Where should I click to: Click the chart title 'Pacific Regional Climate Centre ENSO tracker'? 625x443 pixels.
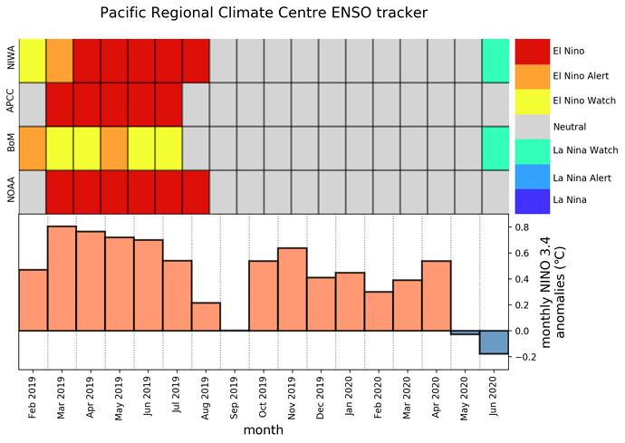click(264, 13)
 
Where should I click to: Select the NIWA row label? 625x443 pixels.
click(11, 58)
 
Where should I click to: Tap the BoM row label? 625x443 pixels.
click(11, 143)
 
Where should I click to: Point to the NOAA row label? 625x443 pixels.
click(11, 189)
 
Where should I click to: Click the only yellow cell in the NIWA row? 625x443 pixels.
click(33, 61)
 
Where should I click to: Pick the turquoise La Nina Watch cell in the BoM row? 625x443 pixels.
click(495, 149)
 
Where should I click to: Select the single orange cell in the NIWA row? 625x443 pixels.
click(60, 61)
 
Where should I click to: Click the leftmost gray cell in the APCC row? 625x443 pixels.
click(33, 104)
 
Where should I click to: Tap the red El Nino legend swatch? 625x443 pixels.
click(532, 52)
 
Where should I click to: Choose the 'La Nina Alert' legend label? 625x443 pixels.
click(582, 178)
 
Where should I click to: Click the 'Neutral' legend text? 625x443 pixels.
click(569, 127)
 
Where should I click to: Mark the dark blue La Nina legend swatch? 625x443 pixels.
click(532, 201)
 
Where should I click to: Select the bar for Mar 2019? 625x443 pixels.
click(62, 278)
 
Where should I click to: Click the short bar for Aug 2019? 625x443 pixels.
click(206, 316)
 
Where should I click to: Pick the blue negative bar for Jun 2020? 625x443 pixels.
click(494, 342)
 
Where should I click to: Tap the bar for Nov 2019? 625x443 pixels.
click(293, 290)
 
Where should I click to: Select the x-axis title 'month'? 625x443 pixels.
click(264, 430)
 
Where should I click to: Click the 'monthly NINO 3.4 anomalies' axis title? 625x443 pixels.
click(553, 292)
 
